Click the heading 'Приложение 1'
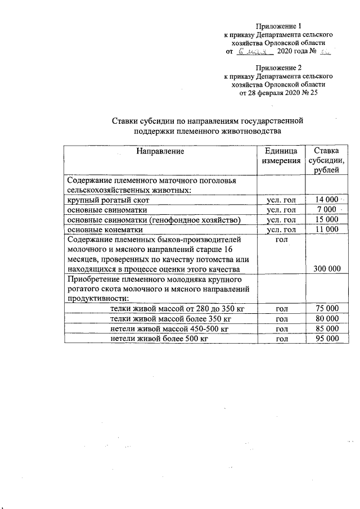coord(278,26)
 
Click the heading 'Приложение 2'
coord(278,67)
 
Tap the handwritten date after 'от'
coord(255,51)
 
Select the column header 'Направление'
coord(160,151)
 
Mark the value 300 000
coord(326,269)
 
